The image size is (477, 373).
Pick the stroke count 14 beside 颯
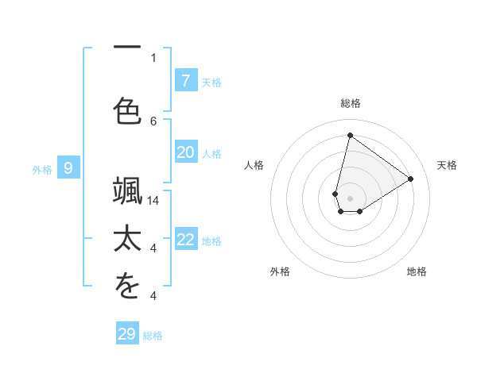[x=153, y=201]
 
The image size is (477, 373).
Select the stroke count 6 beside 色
[x=153, y=121]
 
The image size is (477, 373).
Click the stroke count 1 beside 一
[x=153, y=57]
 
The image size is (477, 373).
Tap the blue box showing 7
[x=185, y=80]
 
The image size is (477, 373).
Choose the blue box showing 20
[x=185, y=152]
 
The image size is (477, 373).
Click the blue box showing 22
[x=185, y=240]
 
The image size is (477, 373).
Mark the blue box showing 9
[x=68, y=167]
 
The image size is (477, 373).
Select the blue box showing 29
[x=126, y=334]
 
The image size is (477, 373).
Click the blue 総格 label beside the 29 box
[x=153, y=336]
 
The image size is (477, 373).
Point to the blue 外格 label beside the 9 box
[x=42, y=168]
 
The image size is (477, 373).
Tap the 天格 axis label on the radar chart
[x=447, y=165]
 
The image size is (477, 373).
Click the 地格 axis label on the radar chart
[x=417, y=271]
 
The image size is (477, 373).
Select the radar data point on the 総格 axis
[x=350, y=135]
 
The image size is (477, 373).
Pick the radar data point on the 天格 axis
[x=410, y=179]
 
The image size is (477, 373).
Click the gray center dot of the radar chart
[x=350, y=198]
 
